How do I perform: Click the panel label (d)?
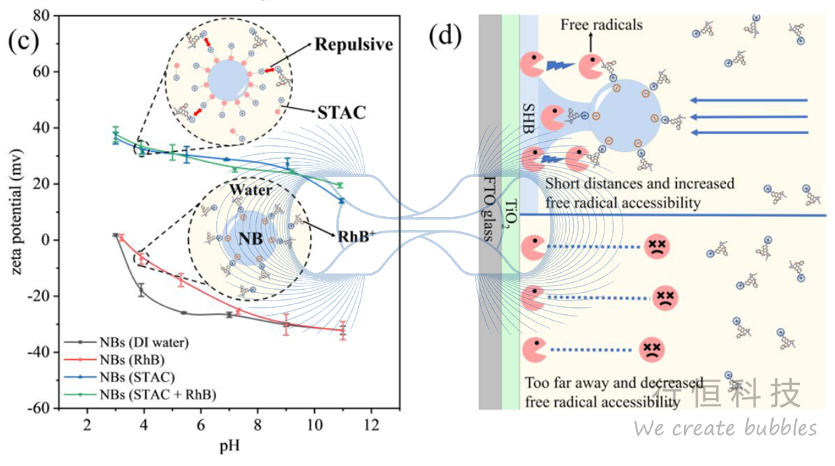click(445, 34)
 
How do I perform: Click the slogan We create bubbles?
click(725, 428)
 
